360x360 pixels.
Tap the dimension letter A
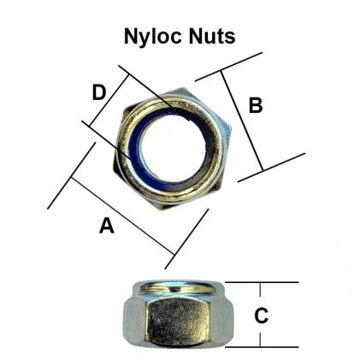[x=107, y=226]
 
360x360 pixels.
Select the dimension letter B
[x=255, y=105]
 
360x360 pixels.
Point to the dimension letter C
[x=262, y=315]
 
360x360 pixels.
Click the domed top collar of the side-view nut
[x=178, y=286]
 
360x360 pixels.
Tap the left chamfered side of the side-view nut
[x=133, y=318]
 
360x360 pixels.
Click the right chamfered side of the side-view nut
[x=221, y=318]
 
